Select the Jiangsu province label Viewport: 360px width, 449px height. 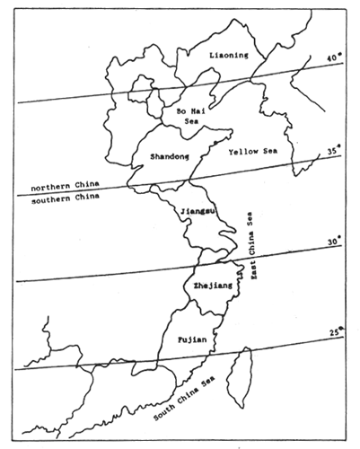198,211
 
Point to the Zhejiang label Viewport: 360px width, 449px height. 207,285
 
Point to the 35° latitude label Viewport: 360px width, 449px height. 333,152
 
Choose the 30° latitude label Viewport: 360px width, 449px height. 331,242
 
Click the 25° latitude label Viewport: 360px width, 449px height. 334,333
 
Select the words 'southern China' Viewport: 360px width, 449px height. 54,198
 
